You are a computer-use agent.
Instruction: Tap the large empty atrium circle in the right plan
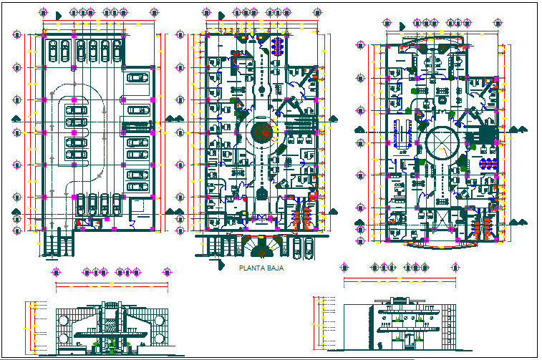click(x=442, y=142)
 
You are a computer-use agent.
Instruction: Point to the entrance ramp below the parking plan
click(x=58, y=243)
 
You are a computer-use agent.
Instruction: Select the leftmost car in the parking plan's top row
click(x=53, y=50)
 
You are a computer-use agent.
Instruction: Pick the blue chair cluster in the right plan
click(x=488, y=164)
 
